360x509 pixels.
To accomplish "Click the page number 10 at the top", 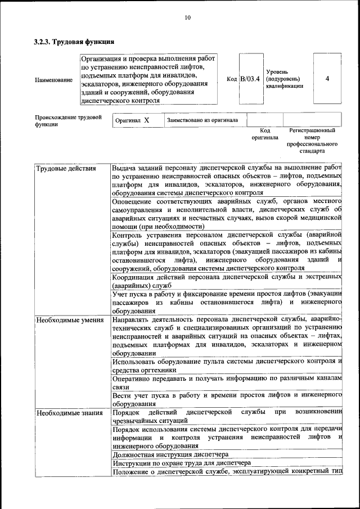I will click(x=187, y=18).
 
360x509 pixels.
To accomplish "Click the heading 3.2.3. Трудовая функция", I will click(x=74, y=42).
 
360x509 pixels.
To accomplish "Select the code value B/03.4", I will click(x=250, y=79).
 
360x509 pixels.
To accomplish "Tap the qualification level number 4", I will click(x=327, y=79).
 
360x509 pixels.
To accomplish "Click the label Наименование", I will click(x=53, y=80).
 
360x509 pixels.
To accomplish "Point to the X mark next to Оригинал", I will click(x=147, y=120).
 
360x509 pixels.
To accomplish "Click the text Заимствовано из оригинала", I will click(x=202, y=120).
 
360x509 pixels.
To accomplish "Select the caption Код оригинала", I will click(x=264, y=134).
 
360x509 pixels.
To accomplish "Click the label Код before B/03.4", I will click(x=232, y=79).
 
